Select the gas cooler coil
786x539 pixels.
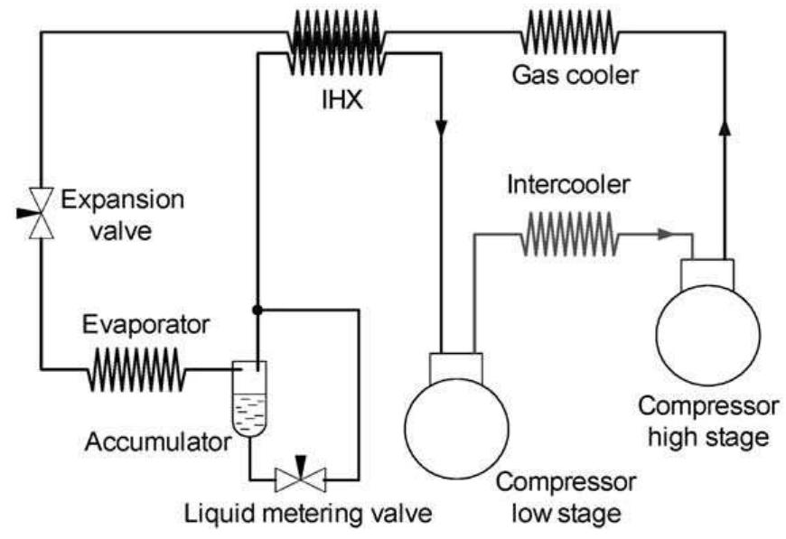coord(569,35)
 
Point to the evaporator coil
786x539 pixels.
coord(136,369)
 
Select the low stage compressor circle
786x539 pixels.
coord(456,424)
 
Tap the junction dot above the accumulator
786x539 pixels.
coord(258,309)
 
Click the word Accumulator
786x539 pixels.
coord(159,442)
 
